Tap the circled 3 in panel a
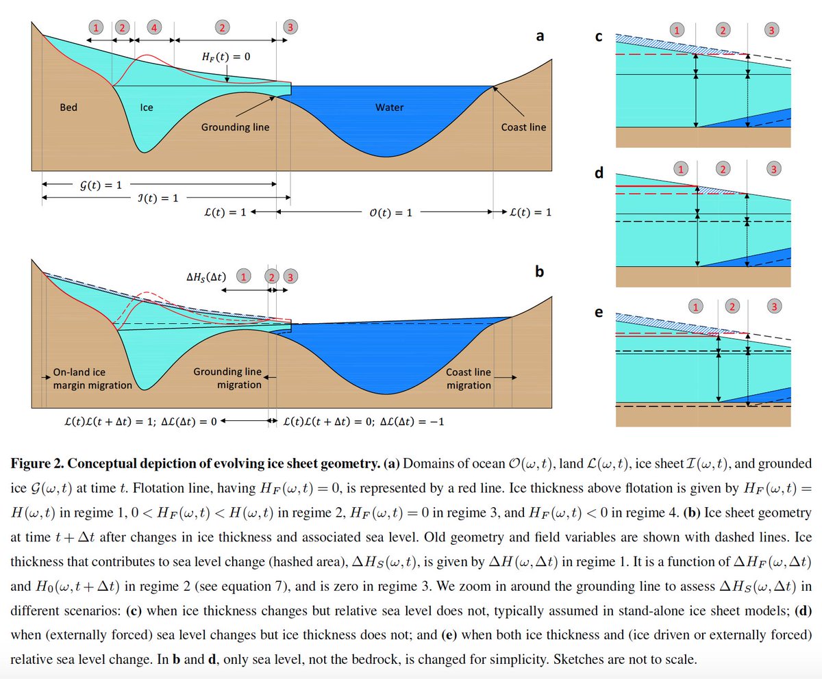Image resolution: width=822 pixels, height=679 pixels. tap(290, 27)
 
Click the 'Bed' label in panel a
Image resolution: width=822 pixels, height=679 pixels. tap(68, 107)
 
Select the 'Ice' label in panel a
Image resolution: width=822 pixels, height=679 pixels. tap(147, 107)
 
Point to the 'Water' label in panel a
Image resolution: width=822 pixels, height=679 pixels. tap(389, 107)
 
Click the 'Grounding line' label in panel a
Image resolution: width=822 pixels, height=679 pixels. tap(235, 127)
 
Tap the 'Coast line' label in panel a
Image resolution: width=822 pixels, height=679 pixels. tap(524, 127)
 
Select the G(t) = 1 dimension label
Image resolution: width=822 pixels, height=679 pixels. tap(100, 185)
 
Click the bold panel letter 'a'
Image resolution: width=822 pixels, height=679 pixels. tap(540, 36)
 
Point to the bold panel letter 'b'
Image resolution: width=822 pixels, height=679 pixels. tap(540, 272)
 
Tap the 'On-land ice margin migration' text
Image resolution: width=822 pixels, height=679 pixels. tap(92, 379)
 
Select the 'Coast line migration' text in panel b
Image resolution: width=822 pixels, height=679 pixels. tap(469, 379)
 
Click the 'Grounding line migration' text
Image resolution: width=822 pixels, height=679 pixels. tap(227, 379)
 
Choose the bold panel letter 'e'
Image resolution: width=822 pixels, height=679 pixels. tap(599, 312)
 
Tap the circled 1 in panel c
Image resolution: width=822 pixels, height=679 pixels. tap(677, 30)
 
